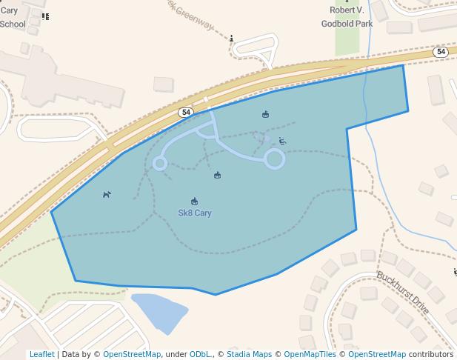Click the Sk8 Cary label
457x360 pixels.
195,213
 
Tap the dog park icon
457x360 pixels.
107,195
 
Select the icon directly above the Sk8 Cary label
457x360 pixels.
195,201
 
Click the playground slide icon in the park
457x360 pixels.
282,141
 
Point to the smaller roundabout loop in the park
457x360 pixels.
159,163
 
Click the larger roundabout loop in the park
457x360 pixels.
274,159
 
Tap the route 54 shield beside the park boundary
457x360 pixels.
186,112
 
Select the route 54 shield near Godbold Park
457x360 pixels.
441,52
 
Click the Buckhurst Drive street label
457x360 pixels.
403,293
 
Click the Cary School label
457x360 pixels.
12,17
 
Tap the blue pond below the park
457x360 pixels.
159,312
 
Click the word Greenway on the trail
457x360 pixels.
193,16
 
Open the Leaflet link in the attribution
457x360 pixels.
41,354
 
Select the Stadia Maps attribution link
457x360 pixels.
249,354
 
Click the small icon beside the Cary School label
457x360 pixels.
46,16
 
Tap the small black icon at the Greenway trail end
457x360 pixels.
232,39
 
